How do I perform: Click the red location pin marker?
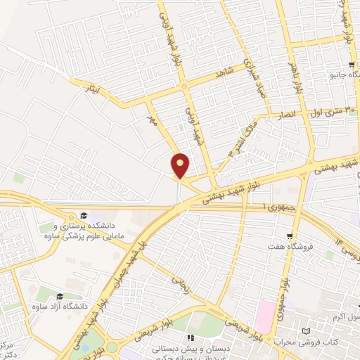(181, 165)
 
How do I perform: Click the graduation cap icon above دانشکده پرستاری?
(83, 215)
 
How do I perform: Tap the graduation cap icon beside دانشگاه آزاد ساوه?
(60, 297)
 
